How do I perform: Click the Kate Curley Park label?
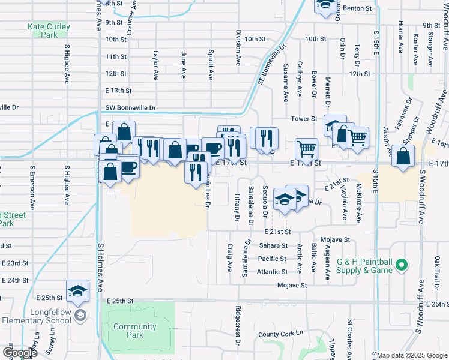tap(49, 31)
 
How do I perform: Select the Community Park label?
tap(135, 331)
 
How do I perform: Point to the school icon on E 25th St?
tap(77, 291)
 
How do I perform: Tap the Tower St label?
tap(304, 119)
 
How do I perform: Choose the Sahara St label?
tap(273, 245)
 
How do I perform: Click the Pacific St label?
tap(272, 259)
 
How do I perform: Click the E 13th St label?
tap(117, 90)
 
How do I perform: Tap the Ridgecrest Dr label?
tap(238, 319)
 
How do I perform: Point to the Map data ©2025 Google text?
tap(411, 355)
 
